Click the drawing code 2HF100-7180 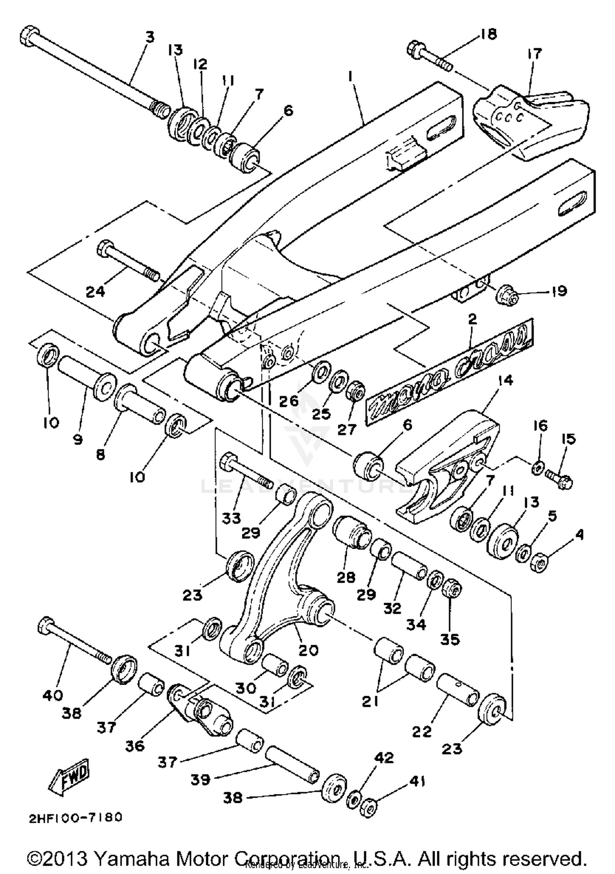click(76, 818)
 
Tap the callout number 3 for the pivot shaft click(150, 37)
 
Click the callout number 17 click(535, 54)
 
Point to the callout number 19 click(558, 291)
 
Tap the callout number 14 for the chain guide click(506, 381)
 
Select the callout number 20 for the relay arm click(308, 650)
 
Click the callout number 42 click(384, 758)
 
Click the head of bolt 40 click(46, 626)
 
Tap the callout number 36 click(135, 746)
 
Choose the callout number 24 click(95, 291)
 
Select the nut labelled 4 click(539, 562)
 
